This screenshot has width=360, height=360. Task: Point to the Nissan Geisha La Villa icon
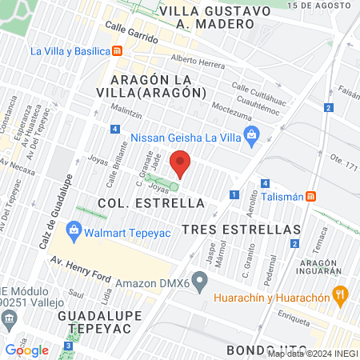point(253,134)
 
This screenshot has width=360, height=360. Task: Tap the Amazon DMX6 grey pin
point(201,282)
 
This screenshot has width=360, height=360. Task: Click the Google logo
point(26,350)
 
